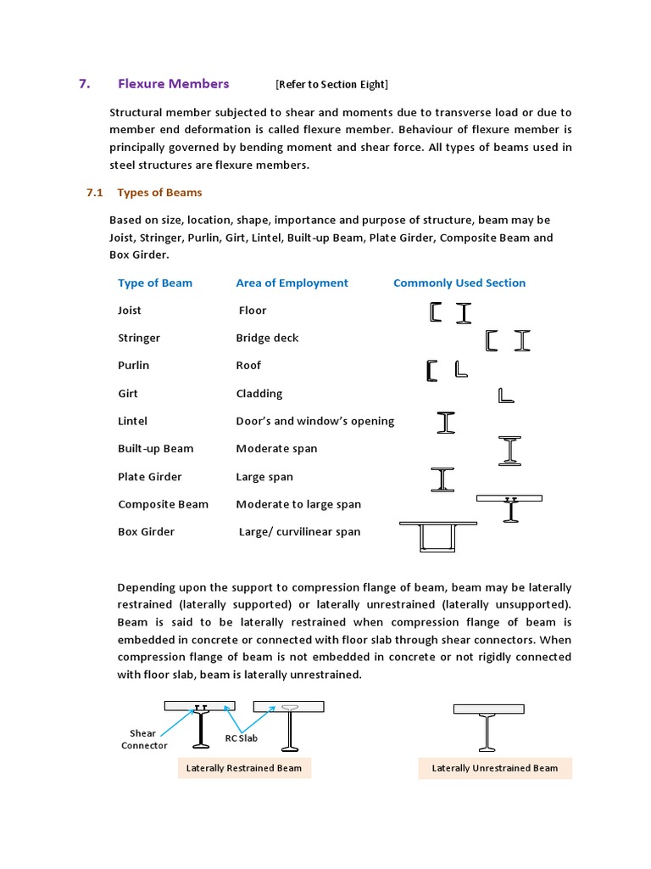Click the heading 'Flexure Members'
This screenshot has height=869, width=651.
pyautogui.click(x=173, y=83)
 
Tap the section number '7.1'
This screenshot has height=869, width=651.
pyautogui.click(x=94, y=193)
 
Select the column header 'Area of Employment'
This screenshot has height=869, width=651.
pyautogui.click(x=292, y=283)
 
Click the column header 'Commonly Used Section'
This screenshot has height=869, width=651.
pyautogui.click(x=459, y=283)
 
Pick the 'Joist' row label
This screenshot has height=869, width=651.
pyautogui.click(x=130, y=311)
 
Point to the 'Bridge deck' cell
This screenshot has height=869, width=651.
pyautogui.click(x=267, y=338)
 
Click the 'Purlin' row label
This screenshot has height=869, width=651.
pyautogui.click(x=133, y=366)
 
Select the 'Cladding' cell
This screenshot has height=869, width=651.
pyautogui.click(x=259, y=394)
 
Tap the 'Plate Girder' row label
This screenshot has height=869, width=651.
pyautogui.click(x=149, y=477)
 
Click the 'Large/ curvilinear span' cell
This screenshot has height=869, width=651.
pyautogui.click(x=299, y=532)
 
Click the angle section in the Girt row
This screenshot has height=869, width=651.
pyautogui.click(x=506, y=395)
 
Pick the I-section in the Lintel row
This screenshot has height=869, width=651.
pyautogui.click(x=446, y=423)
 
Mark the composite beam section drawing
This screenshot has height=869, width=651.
pyautogui.click(x=509, y=507)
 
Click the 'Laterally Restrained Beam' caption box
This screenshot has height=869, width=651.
pyautogui.click(x=244, y=769)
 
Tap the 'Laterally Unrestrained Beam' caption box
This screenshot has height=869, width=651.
pyautogui.click(x=495, y=769)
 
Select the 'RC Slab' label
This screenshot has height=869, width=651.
pyautogui.click(x=241, y=738)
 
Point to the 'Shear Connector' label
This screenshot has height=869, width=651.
pyautogui.click(x=143, y=739)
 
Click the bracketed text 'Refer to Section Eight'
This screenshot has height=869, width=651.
pyautogui.click(x=331, y=84)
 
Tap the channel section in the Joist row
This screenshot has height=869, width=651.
pyautogui.click(x=436, y=312)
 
